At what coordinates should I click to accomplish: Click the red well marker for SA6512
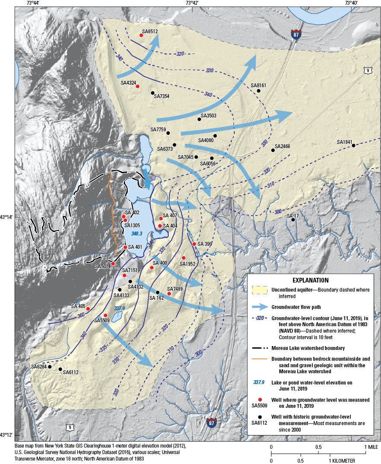(141, 35)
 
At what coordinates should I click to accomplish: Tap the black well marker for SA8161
(258, 91)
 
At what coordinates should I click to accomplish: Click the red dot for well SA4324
(138, 86)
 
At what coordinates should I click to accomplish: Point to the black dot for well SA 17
(293, 220)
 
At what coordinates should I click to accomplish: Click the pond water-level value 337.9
(120, 308)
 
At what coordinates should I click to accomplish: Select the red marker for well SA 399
(194, 244)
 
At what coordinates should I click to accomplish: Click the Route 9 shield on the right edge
(368, 70)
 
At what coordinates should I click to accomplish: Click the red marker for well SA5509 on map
(105, 315)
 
